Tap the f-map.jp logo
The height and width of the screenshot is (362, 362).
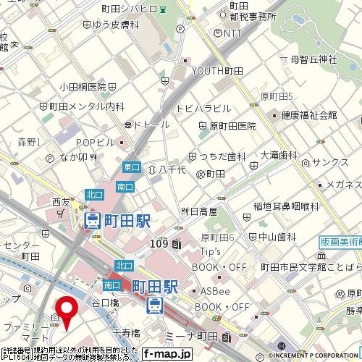pyautogui.click(x=166, y=354)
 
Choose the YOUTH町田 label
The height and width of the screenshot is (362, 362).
pyautogui.click(x=217, y=70)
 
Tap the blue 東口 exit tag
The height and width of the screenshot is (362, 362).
pyautogui.click(x=131, y=167)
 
